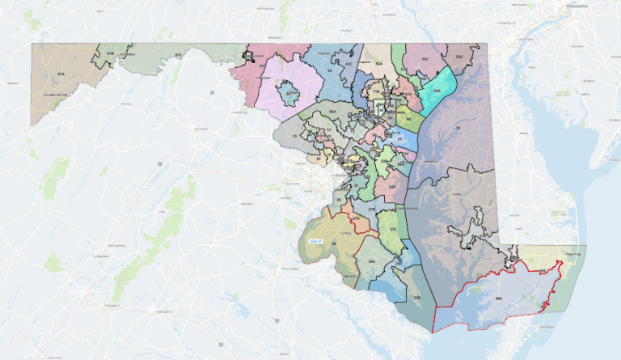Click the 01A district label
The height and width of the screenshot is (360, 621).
60,73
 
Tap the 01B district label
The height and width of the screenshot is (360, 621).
109,53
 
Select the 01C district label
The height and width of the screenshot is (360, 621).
177,55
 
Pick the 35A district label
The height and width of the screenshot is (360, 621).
425,58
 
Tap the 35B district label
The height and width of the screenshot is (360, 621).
458,57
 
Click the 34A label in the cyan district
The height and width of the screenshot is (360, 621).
436,91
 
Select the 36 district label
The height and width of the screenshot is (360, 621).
457,127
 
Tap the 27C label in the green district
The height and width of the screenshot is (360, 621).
394,230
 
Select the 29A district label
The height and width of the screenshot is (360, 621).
372,262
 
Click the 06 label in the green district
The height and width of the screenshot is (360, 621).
408,119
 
